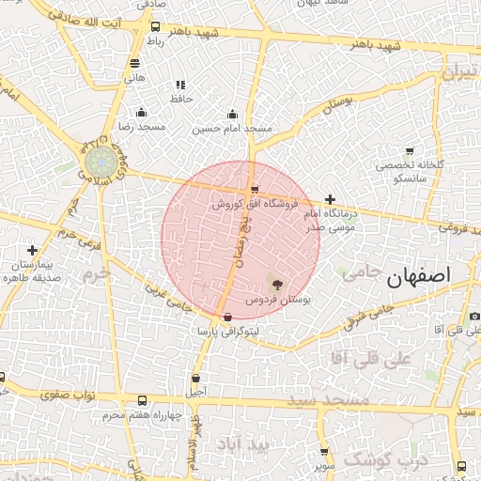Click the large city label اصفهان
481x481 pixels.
coord(418,275)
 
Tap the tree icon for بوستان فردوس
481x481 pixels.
coord(276,284)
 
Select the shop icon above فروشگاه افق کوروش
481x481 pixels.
coord(255,189)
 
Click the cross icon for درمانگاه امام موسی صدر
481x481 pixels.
coord(330,199)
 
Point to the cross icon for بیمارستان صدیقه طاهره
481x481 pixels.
coord(33,250)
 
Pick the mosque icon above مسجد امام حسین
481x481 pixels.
coord(232,114)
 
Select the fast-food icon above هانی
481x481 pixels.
coord(135,64)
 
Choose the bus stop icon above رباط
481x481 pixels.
coord(155,27)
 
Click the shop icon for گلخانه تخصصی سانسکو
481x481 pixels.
coord(410,151)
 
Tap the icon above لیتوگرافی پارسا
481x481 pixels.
coord(228,318)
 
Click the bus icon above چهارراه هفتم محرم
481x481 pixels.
coord(142,400)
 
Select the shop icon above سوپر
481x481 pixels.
coord(324,452)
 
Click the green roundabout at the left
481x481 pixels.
coord(97,162)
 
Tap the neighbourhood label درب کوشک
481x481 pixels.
coord(385,459)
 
